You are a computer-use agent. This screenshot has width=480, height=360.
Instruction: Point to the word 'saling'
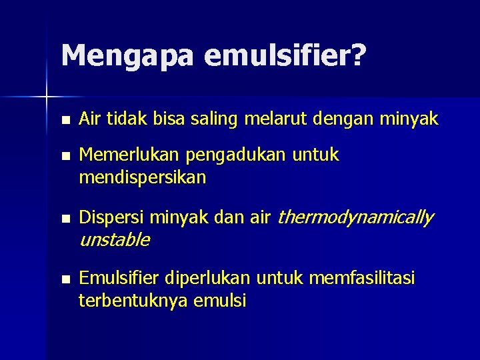(219, 119)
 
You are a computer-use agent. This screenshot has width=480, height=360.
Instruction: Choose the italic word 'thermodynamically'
(355, 217)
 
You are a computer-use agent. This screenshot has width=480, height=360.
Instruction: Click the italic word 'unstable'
(114, 240)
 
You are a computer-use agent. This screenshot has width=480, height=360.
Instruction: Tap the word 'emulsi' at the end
(219, 301)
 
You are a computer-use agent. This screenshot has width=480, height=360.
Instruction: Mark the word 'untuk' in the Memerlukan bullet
(317, 155)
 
